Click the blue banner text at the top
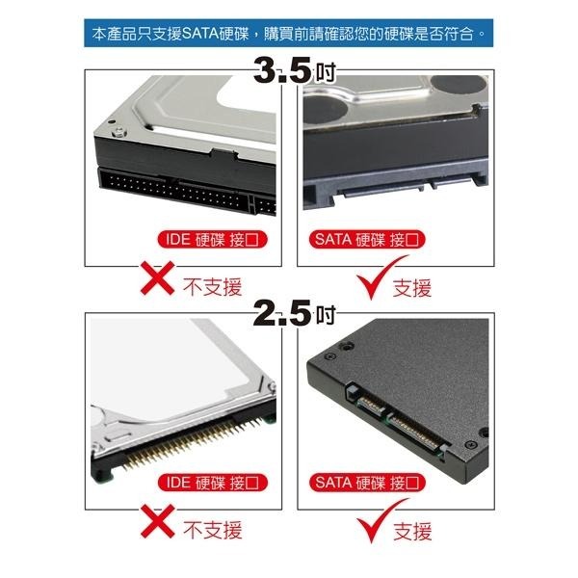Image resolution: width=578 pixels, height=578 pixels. (289, 35)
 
